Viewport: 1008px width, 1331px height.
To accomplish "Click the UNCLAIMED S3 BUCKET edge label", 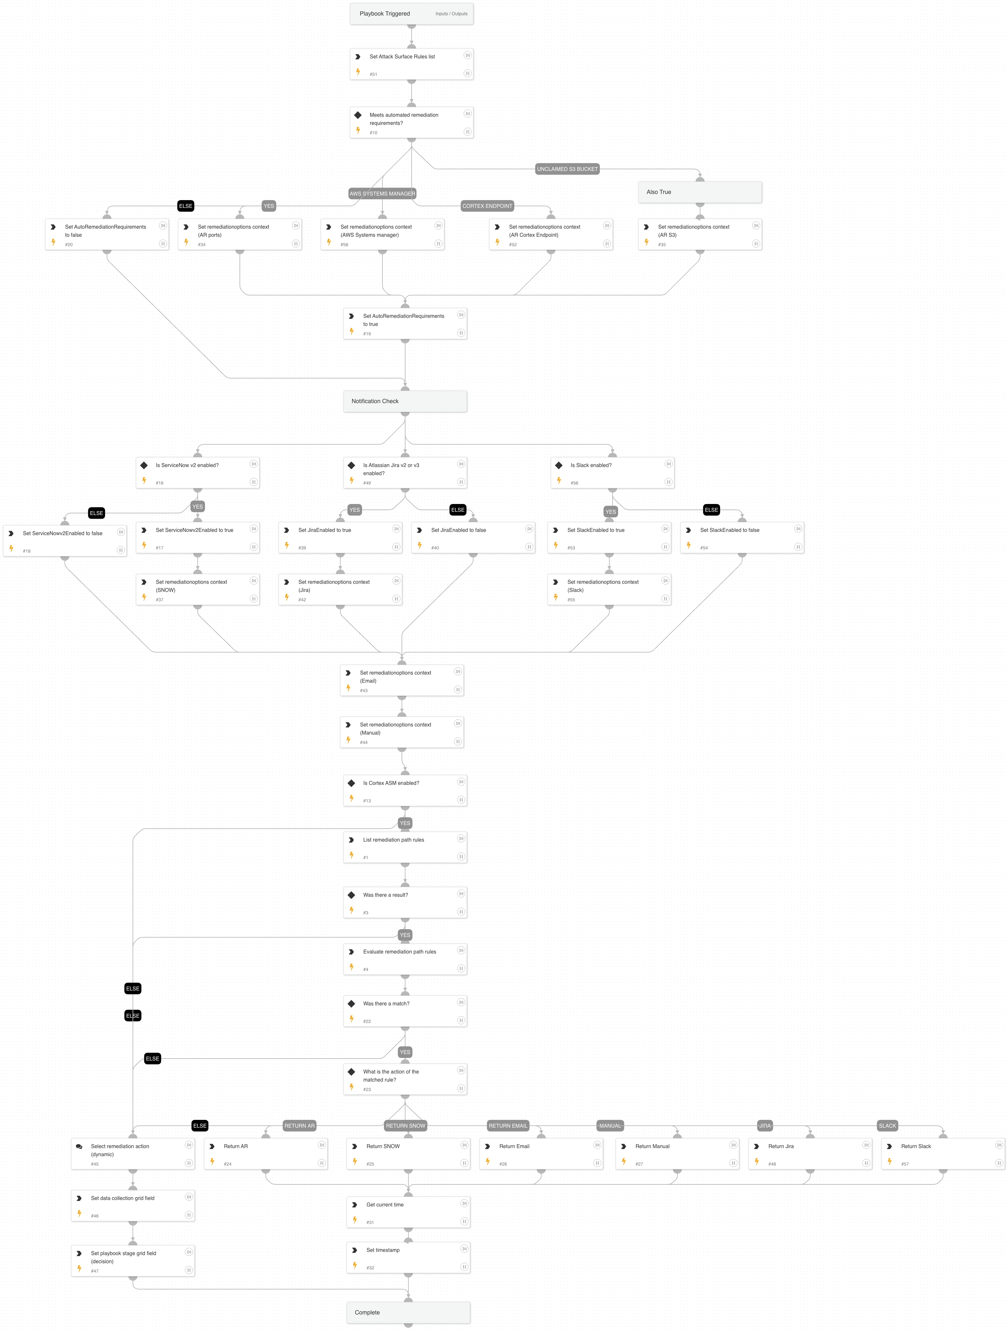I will click(x=567, y=169).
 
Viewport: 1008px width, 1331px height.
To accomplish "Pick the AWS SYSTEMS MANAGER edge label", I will click(x=382, y=194).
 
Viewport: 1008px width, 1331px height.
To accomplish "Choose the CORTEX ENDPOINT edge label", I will click(x=487, y=206).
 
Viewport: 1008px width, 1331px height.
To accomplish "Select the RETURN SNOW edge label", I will click(x=405, y=1126).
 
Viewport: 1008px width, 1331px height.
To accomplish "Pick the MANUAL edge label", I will click(x=610, y=1126).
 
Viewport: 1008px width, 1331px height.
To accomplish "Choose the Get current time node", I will click(x=408, y=1212).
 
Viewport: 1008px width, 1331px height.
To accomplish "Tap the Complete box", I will click(x=408, y=1312).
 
